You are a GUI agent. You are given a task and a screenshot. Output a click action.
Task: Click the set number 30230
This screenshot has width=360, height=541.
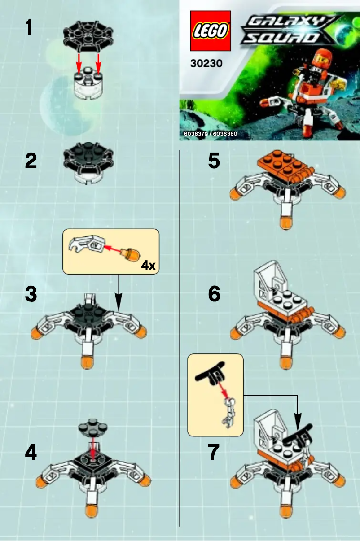pyautogui.click(x=206, y=64)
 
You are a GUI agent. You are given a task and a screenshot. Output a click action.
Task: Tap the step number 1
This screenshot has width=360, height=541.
pyautogui.click(x=29, y=27)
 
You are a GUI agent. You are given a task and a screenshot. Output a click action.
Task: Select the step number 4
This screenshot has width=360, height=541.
pyautogui.click(x=31, y=453)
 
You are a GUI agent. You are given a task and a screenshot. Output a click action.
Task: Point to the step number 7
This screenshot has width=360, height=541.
pyautogui.click(x=213, y=453)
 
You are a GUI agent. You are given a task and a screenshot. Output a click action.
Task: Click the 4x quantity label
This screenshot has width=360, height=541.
pyautogui.click(x=148, y=266)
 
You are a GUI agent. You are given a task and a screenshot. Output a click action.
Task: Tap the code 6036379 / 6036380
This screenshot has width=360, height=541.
pyautogui.click(x=211, y=134)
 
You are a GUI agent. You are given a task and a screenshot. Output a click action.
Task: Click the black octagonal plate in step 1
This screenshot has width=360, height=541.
pyautogui.click(x=88, y=34)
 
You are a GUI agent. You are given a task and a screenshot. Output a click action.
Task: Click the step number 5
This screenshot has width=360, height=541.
pyautogui.click(x=214, y=161)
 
